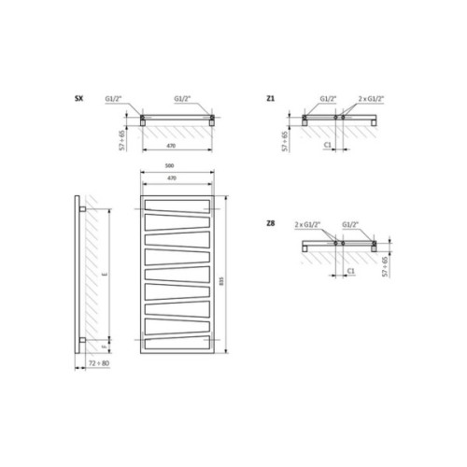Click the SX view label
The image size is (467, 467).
[78, 98]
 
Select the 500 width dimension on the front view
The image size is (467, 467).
[177, 167]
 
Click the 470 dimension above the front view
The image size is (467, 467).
[177, 177]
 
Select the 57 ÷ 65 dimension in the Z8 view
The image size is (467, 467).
[383, 265]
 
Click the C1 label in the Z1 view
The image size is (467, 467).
[327, 146]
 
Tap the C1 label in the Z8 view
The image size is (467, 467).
[348, 271]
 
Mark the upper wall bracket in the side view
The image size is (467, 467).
[85, 210]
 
